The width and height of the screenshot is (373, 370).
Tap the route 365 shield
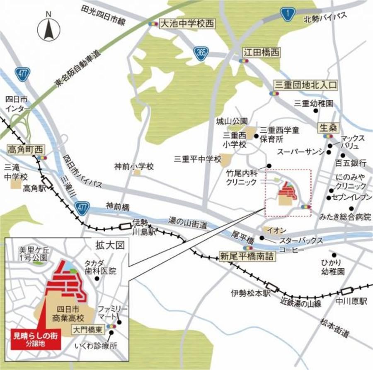coord(201,52)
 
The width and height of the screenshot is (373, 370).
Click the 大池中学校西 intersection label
coord(187,24)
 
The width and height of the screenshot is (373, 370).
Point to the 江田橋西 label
coord(262,52)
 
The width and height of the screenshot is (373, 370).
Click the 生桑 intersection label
coord(327,127)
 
